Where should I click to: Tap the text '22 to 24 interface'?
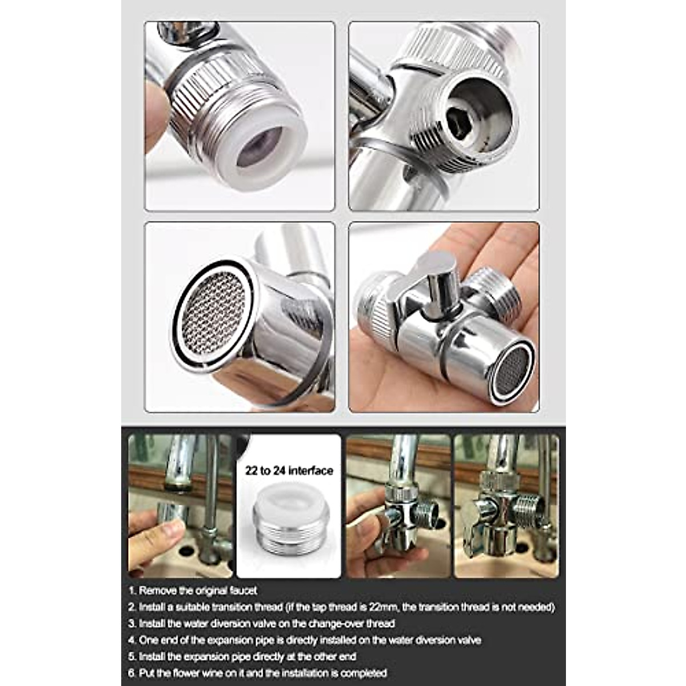pos(289,470)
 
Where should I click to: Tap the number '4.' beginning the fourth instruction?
pos(132,640)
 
